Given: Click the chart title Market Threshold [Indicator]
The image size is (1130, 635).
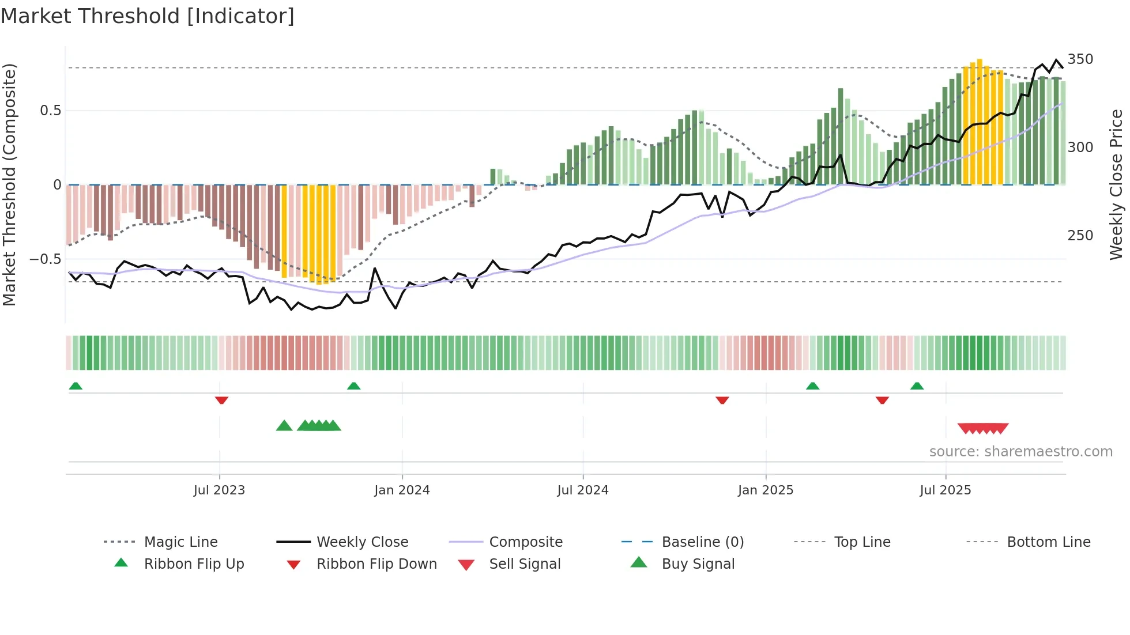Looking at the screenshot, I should (x=148, y=16).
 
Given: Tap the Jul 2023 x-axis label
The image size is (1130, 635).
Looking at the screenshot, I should (x=219, y=490).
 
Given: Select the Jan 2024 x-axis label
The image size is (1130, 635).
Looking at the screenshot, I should (x=402, y=490).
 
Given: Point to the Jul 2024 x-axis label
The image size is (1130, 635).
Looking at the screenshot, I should (x=582, y=490).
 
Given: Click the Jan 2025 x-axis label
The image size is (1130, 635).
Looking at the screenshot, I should (x=766, y=490).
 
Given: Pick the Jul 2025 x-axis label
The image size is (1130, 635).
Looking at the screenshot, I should (x=946, y=490).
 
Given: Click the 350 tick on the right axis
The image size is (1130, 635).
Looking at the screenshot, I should (x=1080, y=59).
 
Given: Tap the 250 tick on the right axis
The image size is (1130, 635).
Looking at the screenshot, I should (x=1080, y=236).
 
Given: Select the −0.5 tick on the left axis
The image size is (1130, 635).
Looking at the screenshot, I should (x=45, y=259).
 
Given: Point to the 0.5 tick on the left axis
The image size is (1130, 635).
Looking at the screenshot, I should (x=50, y=111).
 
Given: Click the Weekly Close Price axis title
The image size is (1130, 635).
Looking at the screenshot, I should (x=1116, y=184).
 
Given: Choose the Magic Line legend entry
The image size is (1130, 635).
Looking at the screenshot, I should (x=180, y=542).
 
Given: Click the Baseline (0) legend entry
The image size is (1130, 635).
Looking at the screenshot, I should (x=702, y=542).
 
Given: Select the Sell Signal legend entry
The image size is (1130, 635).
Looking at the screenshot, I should (x=525, y=564).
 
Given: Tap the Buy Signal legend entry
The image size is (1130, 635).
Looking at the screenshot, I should (x=698, y=564).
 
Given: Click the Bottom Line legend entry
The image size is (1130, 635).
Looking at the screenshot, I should (x=1048, y=542).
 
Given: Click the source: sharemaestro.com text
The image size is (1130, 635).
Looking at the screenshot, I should (x=1020, y=452).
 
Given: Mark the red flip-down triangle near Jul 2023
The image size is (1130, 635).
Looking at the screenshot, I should (x=221, y=400).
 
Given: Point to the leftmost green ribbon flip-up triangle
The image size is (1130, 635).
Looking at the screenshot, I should (x=76, y=386).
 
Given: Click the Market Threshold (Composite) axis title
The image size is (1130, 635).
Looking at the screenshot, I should (x=9, y=184).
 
